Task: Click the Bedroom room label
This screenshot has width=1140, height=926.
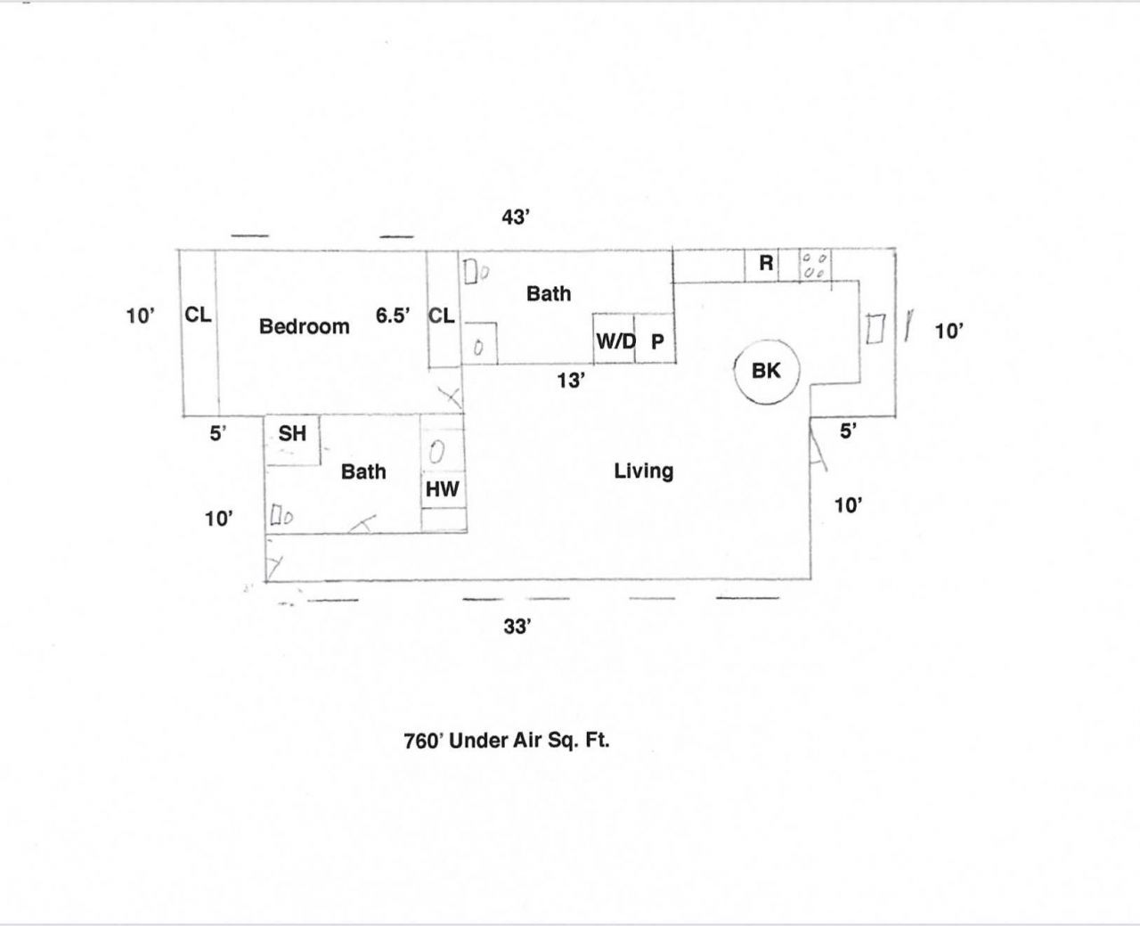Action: (x=304, y=327)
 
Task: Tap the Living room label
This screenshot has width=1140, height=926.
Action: (x=643, y=471)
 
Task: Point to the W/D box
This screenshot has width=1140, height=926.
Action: (x=615, y=340)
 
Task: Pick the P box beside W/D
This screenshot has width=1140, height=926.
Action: (x=656, y=340)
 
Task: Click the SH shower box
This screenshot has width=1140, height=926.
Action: (x=292, y=435)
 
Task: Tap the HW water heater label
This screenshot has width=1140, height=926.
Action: (x=443, y=489)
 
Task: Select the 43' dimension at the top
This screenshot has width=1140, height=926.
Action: (x=516, y=217)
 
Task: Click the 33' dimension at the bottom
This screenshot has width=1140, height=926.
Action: (x=517, y=627)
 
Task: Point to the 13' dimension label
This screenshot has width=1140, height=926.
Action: (x=571, y=381)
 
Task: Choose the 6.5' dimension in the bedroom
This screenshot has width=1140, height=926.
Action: (x=393, y=315)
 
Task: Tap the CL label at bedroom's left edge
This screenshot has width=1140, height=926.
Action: (x=198, y=315)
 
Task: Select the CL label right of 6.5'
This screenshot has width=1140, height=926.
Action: (x=442, y=315)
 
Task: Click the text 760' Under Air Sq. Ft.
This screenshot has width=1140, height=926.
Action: (x=507, y=741)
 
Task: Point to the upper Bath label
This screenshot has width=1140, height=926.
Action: (x=548, y=294)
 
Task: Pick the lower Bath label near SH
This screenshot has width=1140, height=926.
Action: (x=363, y=471)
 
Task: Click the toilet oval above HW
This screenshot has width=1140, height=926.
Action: (x=437, y=452)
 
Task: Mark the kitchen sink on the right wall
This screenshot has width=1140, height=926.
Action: (x=875, y=328)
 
